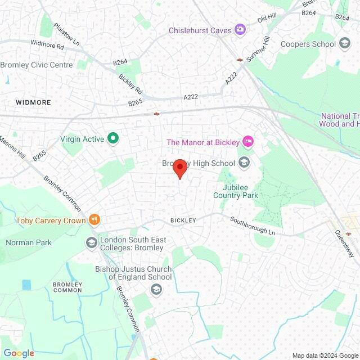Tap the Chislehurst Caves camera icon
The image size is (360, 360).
pos(241,29)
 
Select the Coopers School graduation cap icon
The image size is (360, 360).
pos(345,43)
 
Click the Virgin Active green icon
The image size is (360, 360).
pos(113,138)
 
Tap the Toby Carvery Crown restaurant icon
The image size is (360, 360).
pos(95,219)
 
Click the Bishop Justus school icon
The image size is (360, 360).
pos(156,289)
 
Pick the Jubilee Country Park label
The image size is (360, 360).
pos(236,191)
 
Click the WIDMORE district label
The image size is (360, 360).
pos(33,102)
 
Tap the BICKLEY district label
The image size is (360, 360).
pos(183,220)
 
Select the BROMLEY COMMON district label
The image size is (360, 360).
pos(67,288)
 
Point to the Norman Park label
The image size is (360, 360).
pos(29,242)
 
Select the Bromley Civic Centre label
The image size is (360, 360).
pos(37,65)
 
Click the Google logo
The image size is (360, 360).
pos(19,353)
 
